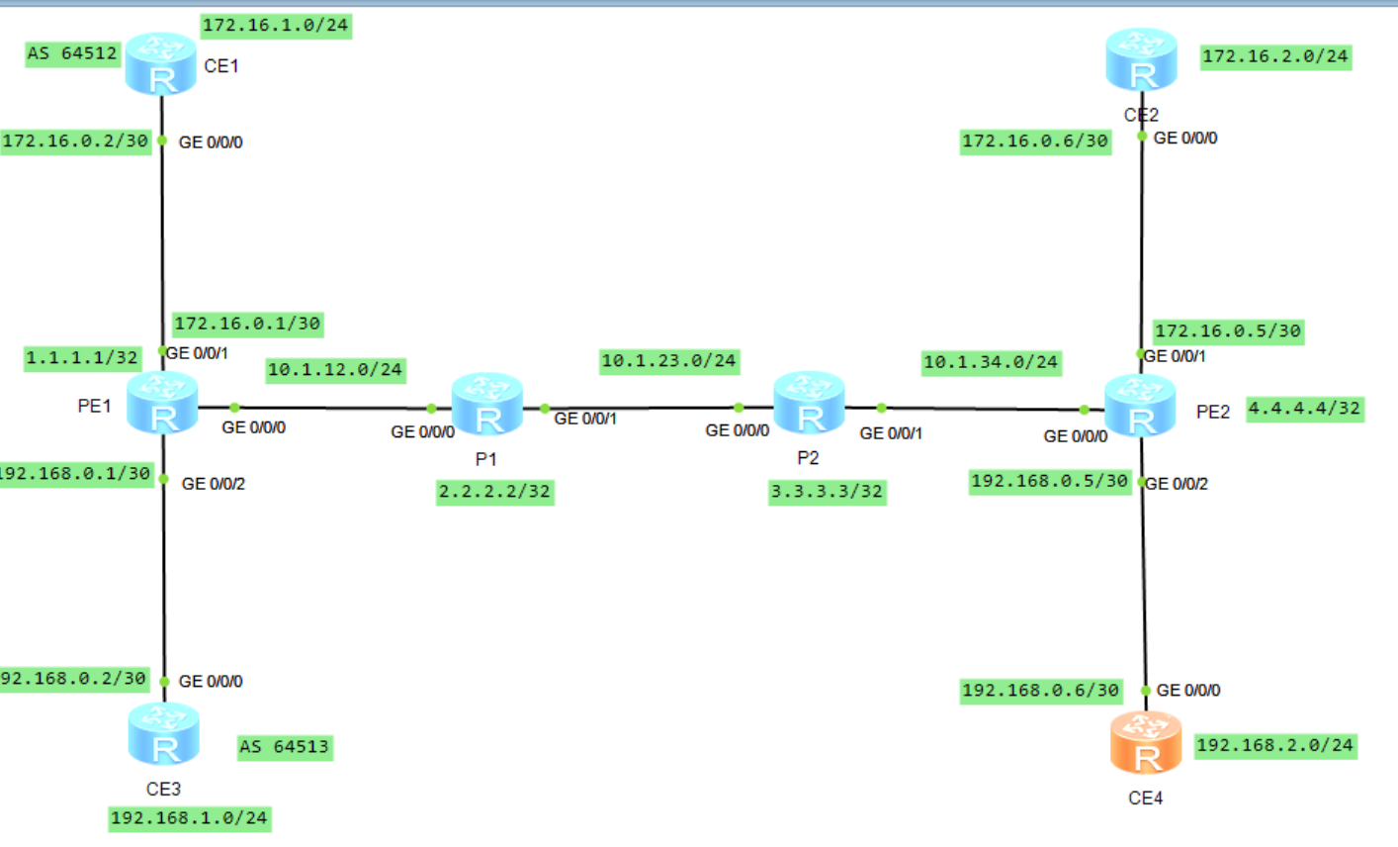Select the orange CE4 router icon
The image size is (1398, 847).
coord(1145,744)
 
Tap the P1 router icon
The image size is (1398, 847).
coord(486,405)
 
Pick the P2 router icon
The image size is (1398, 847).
coord(809,404)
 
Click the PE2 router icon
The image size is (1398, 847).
coord(1139,406)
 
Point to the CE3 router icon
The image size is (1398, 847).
coord(163,734)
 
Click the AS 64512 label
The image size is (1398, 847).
coord(72,53)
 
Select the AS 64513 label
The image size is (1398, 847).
coord(285,747)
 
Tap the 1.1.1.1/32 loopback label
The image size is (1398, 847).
coord(82,357)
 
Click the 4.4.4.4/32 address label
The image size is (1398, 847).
coord(1304,408)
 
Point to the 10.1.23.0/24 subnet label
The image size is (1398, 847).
coord(669,361)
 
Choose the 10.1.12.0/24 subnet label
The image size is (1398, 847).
coord(335,370)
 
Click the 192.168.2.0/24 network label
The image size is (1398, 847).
coord(1274,745)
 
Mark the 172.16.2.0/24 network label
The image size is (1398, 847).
coord(1274,56)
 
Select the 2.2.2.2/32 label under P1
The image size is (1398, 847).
coord(494,492)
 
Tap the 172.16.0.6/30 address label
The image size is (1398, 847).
coord(1035,141)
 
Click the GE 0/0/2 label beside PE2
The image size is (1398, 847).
coord(1177,484)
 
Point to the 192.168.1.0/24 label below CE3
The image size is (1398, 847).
coord(189,818)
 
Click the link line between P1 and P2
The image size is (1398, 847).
coord(643,408)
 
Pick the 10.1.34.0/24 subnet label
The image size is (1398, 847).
coord(991,363)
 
